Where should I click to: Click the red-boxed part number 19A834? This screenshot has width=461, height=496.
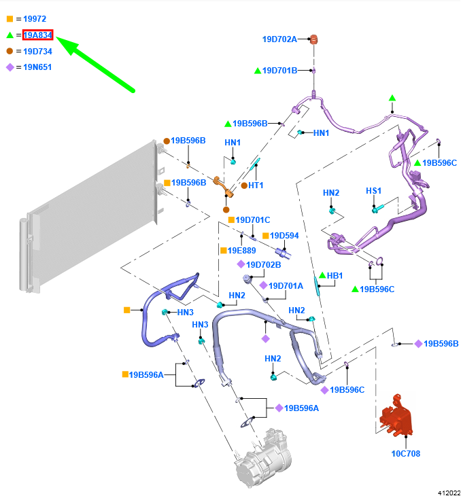click(x=38, y=35)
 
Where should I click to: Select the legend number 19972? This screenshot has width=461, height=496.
click(x=35, y=19)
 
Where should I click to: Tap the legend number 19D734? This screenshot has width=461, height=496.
click(x=37, y=51)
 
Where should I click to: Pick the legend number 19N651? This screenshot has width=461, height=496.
click(x=37, y=67)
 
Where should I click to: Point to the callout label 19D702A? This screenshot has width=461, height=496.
click(x=279, y=39)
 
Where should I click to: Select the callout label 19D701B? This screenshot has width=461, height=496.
click(x=279, y=71)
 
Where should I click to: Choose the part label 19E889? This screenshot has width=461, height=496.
click(x=241, y=251)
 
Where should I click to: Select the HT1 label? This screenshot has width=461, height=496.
click(x=256, y=185)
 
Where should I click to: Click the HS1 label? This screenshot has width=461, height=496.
click(x=374, y=191)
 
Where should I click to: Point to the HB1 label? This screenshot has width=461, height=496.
click(x=335, y=276)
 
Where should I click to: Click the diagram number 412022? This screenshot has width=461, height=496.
click(x=449, y=491)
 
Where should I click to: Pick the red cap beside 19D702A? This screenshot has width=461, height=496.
click(x=315, y=39)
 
